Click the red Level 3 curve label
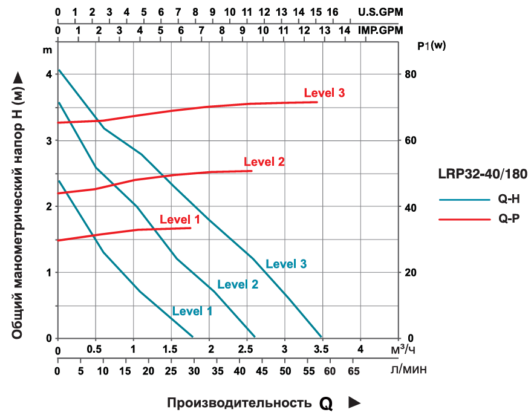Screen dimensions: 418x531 coord(324,93)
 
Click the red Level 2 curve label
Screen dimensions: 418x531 coord(264,162)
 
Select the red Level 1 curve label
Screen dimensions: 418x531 coord(180,220)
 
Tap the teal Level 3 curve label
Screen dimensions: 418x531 coord(286,264)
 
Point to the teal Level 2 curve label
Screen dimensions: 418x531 coord(238,284)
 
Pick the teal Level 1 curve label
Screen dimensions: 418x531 coord(192,311)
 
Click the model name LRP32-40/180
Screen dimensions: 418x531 coord(482,174)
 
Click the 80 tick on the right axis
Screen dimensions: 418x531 coord(411,74)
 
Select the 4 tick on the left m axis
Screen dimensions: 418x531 coord(48,74)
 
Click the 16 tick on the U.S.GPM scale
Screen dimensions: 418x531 coord(332,11)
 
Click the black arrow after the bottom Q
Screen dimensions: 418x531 coord(355,402)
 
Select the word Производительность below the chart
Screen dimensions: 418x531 coord(239,403)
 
